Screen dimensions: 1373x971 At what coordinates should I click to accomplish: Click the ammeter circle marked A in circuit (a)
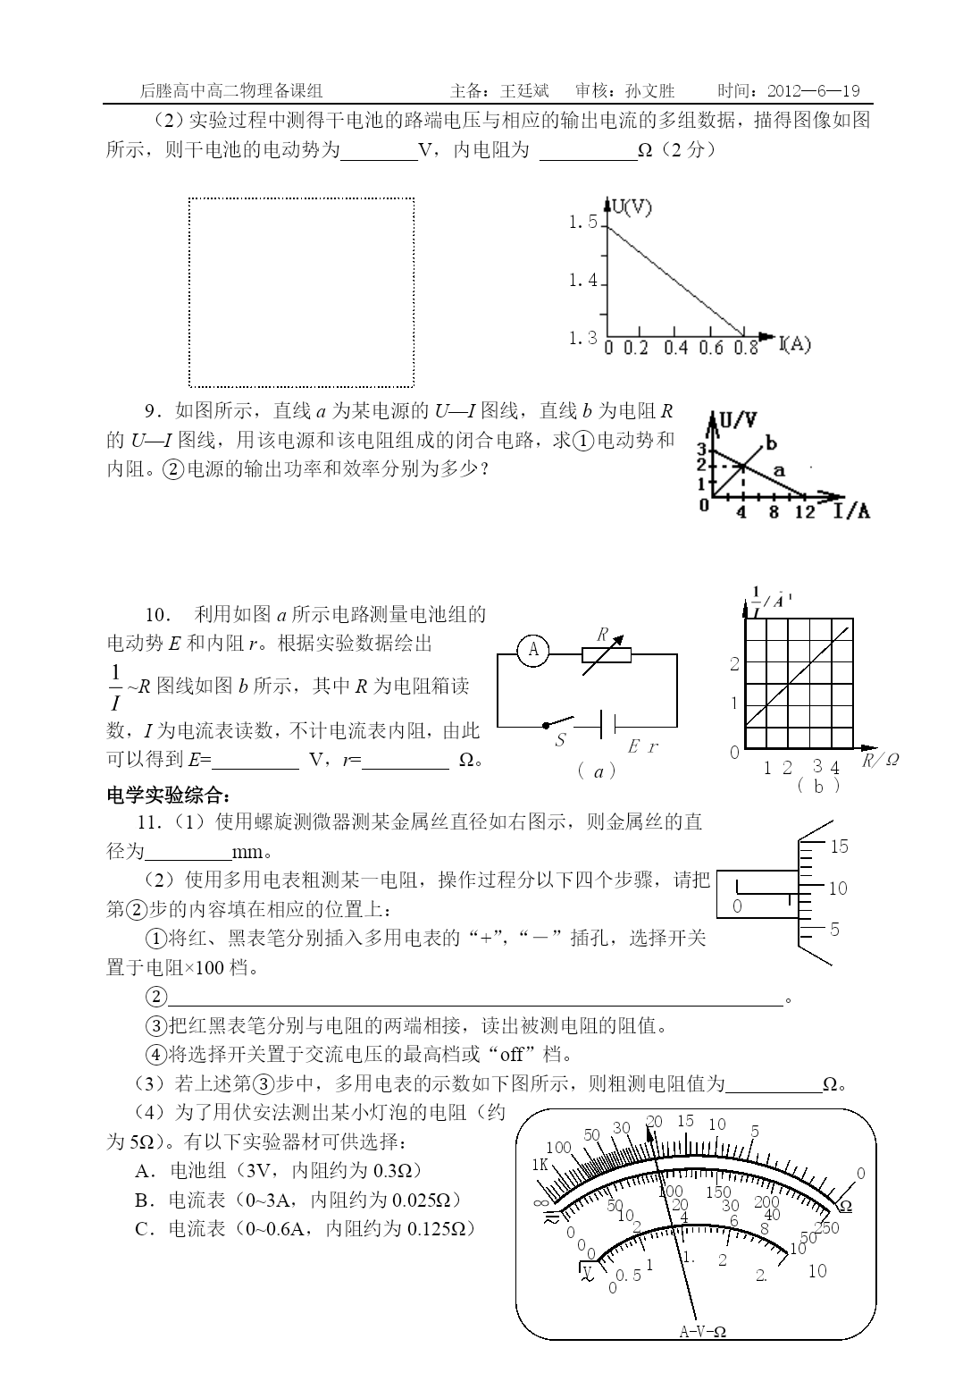(x=533, y=650)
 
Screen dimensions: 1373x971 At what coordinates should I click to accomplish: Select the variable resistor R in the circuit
(x=606, y=654)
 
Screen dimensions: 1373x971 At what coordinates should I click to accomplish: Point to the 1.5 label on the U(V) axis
(x=582, y=223)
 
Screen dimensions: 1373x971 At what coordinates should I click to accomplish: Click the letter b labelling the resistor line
(x=771, y=443)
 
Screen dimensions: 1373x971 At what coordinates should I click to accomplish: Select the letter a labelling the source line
(x=778, y=468)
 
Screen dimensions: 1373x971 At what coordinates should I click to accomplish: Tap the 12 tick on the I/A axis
(x=805, y=511)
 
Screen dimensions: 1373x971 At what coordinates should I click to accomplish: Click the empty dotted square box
(x=301, y=292)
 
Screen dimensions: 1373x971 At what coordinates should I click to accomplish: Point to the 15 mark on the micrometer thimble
(x=839, y=847)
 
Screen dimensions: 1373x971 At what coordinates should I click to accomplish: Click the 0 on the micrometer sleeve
(x=737, y=906)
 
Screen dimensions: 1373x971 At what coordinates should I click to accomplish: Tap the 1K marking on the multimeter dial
(x=540, y=1165)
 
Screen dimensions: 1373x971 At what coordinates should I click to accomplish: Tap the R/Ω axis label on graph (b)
(x=880, y=760)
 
